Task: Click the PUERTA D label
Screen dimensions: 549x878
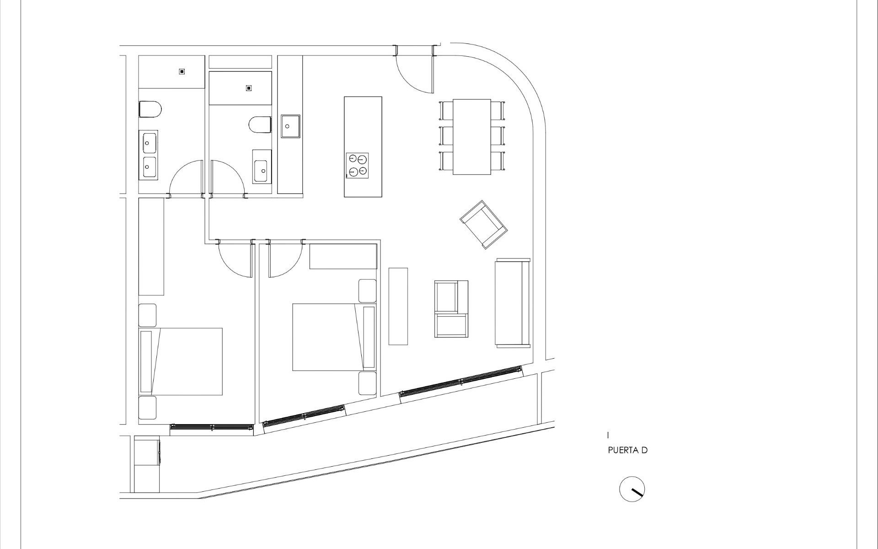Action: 627,450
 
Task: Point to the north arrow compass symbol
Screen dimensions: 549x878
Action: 632,489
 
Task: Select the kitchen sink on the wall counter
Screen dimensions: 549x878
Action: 290,126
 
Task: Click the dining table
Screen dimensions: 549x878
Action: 471,136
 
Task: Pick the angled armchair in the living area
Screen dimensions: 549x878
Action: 484,224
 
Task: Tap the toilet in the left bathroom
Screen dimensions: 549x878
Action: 150,109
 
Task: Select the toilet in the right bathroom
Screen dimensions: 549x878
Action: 260,125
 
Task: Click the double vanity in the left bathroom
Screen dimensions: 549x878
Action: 148,155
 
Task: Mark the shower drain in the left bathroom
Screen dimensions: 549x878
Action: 182,71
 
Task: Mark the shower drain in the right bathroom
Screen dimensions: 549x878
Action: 249,88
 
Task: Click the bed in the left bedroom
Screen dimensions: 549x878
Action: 181,361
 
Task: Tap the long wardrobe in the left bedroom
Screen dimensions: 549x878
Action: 151,247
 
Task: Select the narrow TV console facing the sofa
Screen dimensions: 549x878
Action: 398,306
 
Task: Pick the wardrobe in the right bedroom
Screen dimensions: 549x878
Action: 343,256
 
